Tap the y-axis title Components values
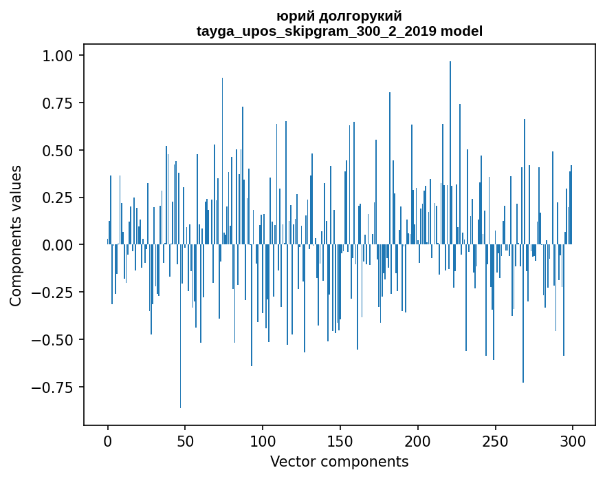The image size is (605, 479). coord(16,235)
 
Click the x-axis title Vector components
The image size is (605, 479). coord(339,461)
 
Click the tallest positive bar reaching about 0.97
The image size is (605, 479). coord(450,151)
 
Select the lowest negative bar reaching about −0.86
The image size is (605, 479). coord(181,327)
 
